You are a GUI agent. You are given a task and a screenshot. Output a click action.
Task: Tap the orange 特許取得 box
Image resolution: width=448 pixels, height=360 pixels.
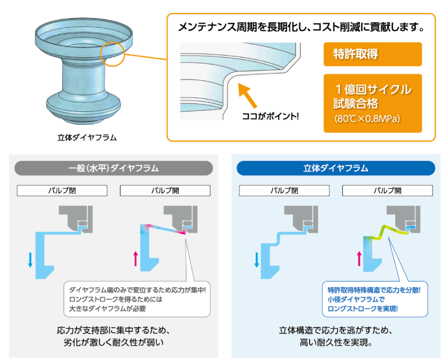tap(372, 54)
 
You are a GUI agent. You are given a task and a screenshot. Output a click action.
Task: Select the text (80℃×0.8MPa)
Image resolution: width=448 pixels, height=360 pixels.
tap(367, 118)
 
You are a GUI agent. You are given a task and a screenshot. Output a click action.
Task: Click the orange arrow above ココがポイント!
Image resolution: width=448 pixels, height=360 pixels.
tap(247, 95)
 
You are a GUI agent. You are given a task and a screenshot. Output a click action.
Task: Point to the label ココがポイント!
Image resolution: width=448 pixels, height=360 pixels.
tap(270, 116)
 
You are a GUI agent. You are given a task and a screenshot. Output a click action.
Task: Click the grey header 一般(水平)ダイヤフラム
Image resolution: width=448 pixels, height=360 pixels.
tap(113, 168)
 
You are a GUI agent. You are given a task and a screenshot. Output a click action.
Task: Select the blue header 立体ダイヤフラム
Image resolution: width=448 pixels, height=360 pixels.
tap(336, 168)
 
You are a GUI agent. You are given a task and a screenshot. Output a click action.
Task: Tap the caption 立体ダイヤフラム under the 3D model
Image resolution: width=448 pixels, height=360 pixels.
tap(87, 138)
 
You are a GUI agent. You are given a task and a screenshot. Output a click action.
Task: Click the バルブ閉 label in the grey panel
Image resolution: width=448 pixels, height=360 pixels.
tap(62, 190)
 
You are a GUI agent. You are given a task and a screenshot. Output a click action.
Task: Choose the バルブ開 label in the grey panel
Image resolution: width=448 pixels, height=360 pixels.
tap(165, 190)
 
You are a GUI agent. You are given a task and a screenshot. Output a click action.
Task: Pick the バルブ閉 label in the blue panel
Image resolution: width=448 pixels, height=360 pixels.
tap(284, 190)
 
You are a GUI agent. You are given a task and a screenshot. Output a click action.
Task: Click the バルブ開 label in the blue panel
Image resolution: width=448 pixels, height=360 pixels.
tap(387, 190)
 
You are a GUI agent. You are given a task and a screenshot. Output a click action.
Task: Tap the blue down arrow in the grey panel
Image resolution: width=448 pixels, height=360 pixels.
tap(30, 260)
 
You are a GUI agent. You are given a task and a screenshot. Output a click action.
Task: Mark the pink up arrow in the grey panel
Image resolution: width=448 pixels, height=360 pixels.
tap(136, 259)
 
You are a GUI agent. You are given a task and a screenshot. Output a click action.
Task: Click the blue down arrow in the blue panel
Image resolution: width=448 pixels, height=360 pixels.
tap(256, 260)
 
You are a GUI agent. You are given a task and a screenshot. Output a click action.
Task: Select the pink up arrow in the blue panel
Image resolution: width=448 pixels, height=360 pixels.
tap(359, 259)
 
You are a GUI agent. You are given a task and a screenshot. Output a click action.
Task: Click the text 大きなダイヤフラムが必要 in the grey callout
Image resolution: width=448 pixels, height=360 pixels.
tap(108, 309)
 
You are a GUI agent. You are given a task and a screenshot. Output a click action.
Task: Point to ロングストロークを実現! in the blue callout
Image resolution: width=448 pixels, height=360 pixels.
tap(362, 309)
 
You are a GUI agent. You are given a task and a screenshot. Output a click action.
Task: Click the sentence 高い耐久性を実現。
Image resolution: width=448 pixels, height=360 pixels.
tap(336, 342)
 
